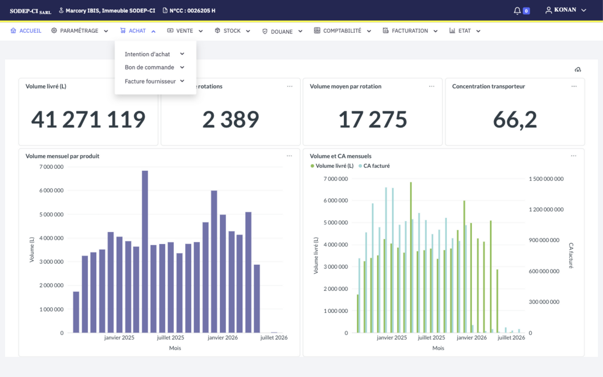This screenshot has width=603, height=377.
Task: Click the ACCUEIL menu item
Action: [26, 31]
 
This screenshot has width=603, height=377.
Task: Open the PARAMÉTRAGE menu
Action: [80, 31]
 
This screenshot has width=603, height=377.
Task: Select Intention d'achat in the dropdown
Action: [147, 54]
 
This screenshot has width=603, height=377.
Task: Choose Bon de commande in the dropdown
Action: [149, 67]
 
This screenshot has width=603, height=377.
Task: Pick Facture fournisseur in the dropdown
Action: [150, 81]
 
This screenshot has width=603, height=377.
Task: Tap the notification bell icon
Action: [517, 11]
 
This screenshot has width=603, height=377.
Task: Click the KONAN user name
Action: [565, 10]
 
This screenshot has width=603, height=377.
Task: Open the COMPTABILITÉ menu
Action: [342, 31]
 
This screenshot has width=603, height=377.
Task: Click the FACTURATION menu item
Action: [410, 31]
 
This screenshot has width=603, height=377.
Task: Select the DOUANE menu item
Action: [282, 31]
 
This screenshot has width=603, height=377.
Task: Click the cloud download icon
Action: [578, 70]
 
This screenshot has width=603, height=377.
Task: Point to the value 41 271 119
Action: [88, 119]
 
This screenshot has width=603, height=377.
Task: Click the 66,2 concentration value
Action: [515, 119]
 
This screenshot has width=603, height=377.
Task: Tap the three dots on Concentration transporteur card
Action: [574, 86]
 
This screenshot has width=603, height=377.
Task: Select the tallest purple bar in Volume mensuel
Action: [145, 251]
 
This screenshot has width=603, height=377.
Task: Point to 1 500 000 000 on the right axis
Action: [546, 179]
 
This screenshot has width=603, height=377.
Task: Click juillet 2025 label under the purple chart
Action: [170, 338]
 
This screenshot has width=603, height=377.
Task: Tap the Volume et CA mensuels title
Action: [340, 156]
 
